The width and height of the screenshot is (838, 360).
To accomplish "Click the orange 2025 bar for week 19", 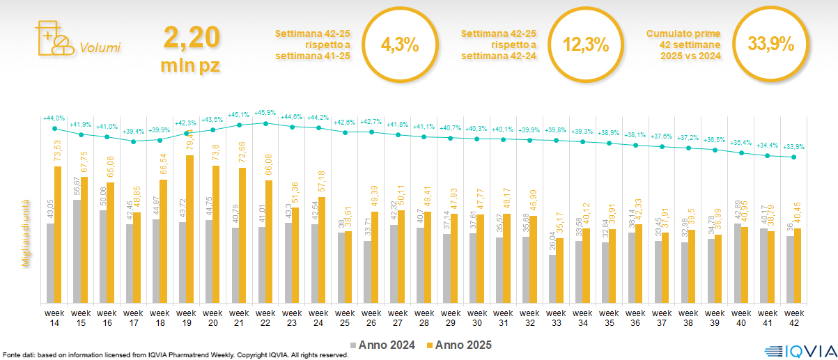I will (189, 229).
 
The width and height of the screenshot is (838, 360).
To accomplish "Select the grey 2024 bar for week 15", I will (77, 251).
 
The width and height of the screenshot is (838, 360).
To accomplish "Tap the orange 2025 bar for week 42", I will (798, 265).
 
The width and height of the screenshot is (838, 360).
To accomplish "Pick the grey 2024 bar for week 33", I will (552, 279).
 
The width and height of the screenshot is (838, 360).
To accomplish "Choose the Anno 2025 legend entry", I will (460, 345).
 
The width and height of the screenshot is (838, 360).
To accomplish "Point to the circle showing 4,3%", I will (400, 45).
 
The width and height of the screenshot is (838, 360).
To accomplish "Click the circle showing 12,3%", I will (585, 45).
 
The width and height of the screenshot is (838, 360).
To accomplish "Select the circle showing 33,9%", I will (770, 45).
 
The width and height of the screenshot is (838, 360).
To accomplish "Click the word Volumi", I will (100, 48).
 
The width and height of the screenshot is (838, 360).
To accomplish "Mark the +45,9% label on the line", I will (265, 113).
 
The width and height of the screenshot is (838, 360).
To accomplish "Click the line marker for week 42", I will (793, 157).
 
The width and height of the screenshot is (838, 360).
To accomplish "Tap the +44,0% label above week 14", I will (54, 118).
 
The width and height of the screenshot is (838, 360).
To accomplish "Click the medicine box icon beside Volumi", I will (53, 39).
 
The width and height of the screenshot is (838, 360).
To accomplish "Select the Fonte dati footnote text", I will (174, 355).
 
